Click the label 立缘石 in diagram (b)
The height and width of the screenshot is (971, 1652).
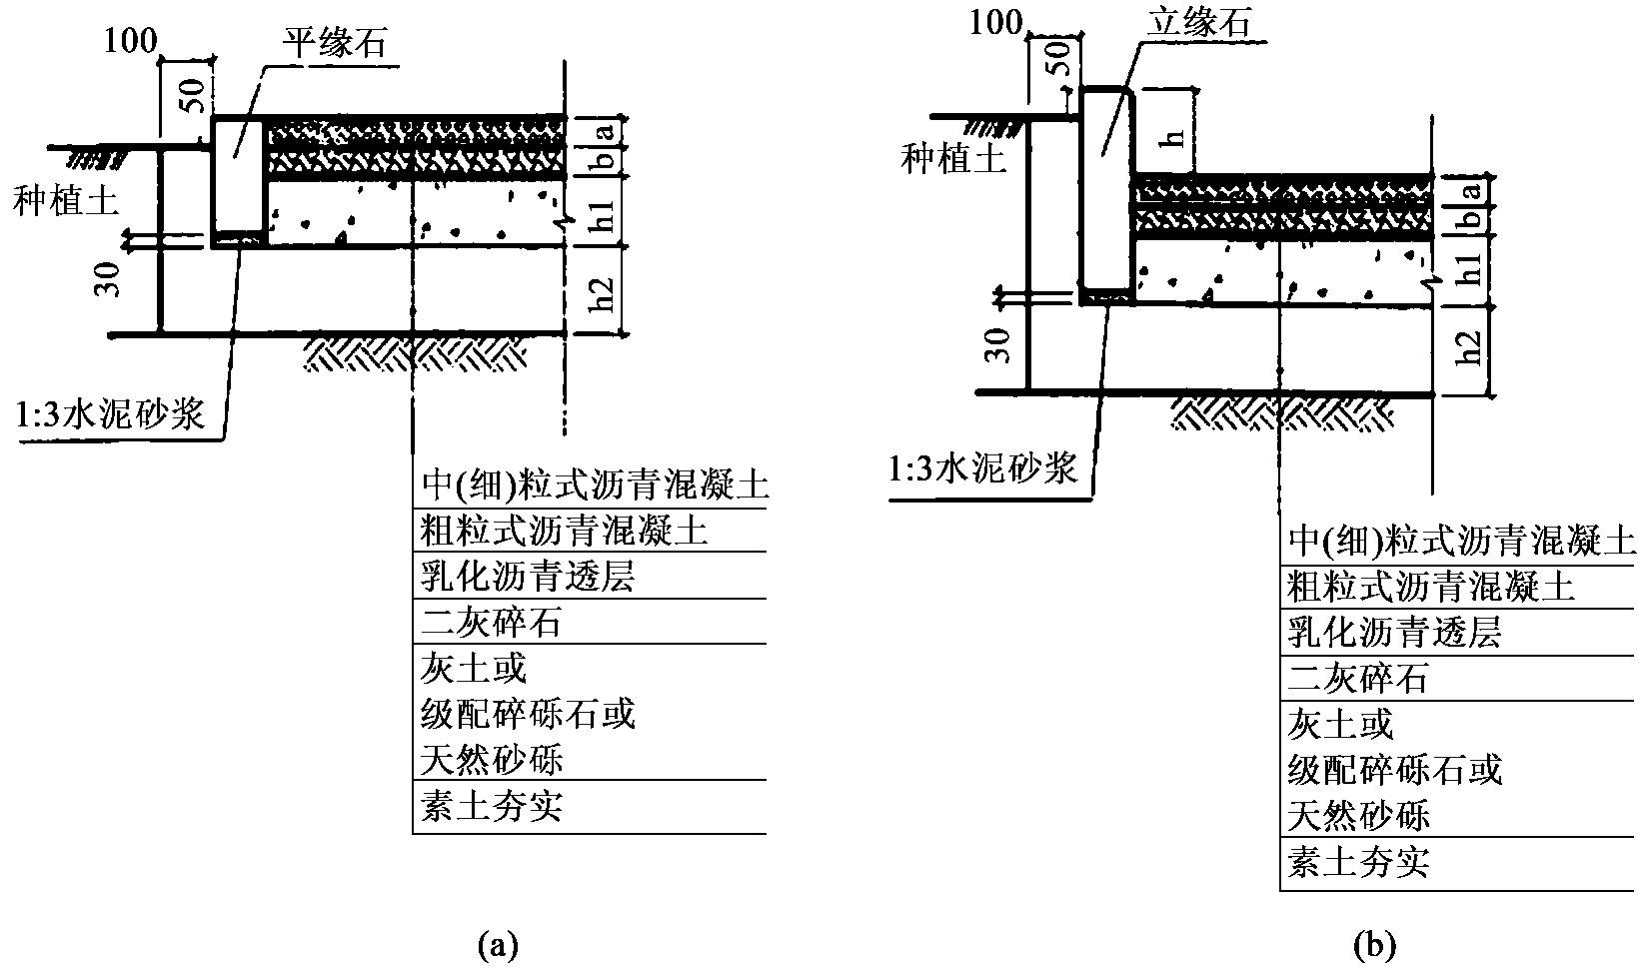coord(1197,22)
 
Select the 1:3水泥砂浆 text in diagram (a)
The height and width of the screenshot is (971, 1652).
coord(110,413)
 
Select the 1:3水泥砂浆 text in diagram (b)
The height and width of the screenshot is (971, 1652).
coord(983,469)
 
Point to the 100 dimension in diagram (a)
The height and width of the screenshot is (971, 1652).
coord(129,40)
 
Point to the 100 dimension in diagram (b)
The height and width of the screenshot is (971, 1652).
coord(995,22)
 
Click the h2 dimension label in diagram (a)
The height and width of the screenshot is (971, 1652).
coord(604,289)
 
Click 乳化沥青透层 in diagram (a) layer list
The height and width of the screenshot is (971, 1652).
coord(527,577)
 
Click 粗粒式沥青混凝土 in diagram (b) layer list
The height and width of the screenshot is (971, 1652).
coord(1430,587)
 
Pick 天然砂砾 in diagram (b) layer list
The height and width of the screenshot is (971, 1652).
coord(1358,816)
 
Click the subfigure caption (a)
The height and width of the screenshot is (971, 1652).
coord(499,944)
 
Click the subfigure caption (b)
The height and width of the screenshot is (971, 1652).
coord(1374,944)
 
